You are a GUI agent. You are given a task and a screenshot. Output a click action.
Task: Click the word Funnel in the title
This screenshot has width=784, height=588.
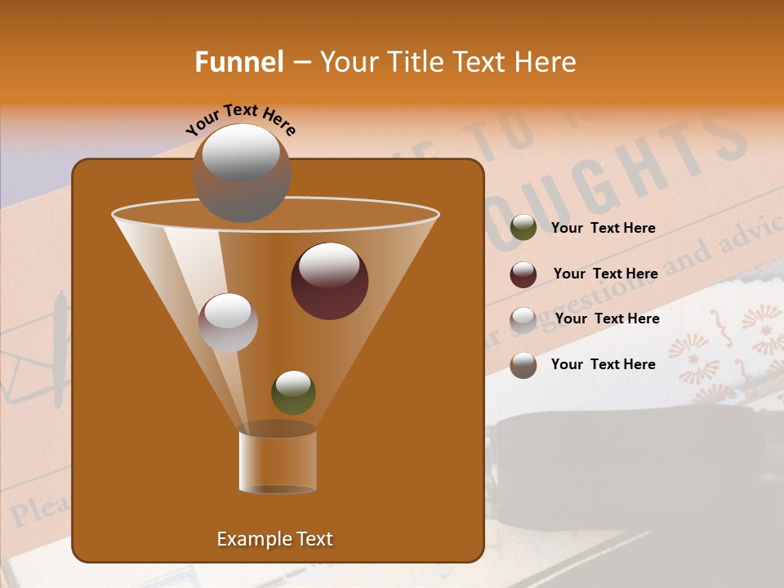[238, 62]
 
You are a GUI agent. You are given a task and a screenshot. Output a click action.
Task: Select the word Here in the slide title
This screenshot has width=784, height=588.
[546, 62]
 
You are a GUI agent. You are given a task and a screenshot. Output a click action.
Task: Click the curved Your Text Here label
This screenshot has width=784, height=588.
[241, 119]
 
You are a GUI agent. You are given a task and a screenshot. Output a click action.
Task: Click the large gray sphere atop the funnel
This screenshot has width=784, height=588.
[242, 173]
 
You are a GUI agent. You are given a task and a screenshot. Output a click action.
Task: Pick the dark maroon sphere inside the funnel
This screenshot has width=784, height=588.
[329, 281]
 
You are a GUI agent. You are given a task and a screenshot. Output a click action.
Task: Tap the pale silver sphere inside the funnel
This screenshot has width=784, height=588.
[228, 322]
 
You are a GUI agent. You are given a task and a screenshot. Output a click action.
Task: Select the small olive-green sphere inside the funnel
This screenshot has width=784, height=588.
[293, 392]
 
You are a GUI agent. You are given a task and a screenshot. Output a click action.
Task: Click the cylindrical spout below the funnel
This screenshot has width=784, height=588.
[278, 461]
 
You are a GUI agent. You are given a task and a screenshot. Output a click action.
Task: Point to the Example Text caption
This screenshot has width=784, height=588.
[275, 539]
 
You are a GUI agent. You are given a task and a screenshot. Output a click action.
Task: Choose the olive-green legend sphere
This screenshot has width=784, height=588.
[523, 228]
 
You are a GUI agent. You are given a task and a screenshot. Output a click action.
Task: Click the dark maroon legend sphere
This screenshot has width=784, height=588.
[523, 274]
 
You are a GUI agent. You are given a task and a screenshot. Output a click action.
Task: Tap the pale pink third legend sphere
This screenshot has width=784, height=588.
[523, 320]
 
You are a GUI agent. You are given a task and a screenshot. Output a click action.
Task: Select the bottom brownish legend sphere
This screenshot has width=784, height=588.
[523, 365]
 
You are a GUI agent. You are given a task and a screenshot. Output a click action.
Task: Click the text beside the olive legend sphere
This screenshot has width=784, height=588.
[604, 228]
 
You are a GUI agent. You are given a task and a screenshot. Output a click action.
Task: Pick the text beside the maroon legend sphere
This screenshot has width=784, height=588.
[605, 274]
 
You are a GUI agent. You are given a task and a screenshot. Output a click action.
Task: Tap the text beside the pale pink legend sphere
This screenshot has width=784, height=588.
[607, 318]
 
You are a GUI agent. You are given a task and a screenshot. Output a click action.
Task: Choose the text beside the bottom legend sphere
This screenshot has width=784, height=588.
[604, 364]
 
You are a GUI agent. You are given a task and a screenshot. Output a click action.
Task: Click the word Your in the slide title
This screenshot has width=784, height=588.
[350, 62]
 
